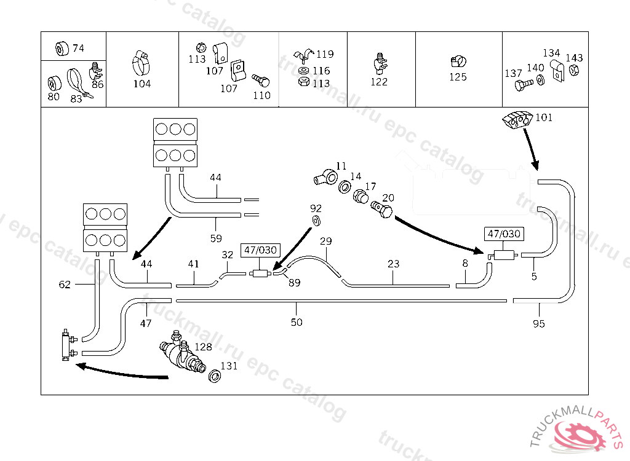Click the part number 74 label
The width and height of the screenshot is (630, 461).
(78, 49)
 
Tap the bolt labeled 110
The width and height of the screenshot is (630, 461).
(261, 80)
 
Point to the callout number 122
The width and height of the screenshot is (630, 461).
(379, 82)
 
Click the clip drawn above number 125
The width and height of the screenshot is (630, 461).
(458, 61)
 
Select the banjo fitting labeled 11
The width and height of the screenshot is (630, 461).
(325, 177)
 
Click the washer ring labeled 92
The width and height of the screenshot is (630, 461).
(317, 221)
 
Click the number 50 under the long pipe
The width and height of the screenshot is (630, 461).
(297, 322)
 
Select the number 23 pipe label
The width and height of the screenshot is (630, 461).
(394, 264)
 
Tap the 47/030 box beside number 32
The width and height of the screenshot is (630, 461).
(261, 251)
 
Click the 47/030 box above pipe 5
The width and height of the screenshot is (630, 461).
(504, 234)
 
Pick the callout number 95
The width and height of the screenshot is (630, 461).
(539, 324)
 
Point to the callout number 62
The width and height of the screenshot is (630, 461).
(65, 285)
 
